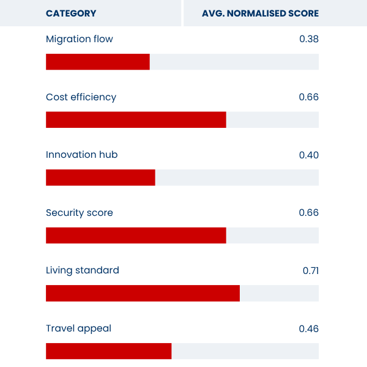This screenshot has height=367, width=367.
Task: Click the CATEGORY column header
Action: [x=71, y=13]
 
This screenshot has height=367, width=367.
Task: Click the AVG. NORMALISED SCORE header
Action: [x=260, y=13]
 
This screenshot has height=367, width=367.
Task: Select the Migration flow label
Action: [x=80, y=39]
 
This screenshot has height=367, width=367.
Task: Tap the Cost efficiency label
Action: [x=81, y=97]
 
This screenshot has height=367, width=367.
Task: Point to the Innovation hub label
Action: [x=81, y=155]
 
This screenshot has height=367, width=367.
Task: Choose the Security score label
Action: [x=80, y=213]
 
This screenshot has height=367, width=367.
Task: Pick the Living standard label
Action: [x=83, y=270]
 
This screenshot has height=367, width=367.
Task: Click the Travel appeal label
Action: [x=78, y=328]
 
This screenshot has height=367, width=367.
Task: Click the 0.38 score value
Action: [x=309, y=39]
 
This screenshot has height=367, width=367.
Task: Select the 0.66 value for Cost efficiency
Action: [x=309, y=97]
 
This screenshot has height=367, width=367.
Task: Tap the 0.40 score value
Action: [x=309, y=155]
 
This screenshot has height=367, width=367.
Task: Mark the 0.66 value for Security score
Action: [x=309, y=213]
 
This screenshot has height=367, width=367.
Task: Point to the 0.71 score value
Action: [x=311, y=270]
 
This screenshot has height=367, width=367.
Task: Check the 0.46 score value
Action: [x=309, y=328]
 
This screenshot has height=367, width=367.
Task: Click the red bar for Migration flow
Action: [x=98, y=62]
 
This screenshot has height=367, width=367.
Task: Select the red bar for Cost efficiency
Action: [x=136, y=120]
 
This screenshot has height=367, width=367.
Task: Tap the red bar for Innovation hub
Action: [x=100, y=177]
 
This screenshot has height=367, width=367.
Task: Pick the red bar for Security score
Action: [x=136, y=235]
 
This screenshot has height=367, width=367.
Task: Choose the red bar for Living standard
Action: [x=143, y=293]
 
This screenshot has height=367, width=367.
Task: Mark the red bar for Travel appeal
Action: [x=109, y=351]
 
